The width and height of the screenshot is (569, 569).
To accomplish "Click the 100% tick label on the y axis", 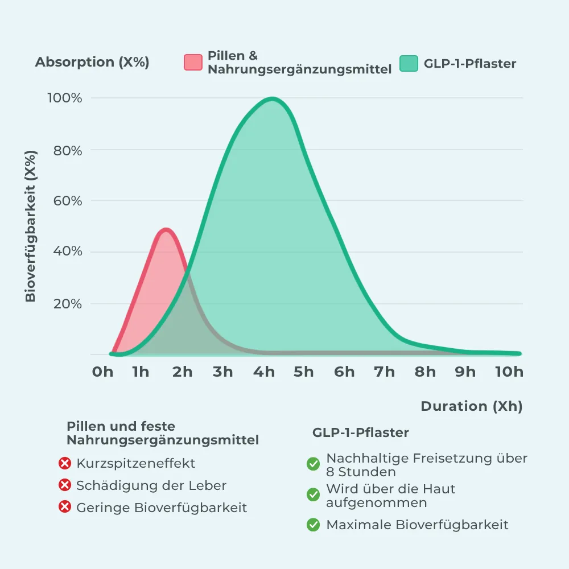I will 64,98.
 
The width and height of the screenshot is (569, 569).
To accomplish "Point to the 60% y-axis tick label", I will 68,201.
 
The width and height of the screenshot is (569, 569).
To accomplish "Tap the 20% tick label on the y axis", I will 68,304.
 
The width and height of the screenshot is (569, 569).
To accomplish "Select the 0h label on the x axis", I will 103,372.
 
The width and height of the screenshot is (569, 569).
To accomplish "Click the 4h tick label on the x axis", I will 264,372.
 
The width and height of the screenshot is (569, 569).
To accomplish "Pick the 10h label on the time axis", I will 509,372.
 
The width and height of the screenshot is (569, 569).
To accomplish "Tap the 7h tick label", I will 385,372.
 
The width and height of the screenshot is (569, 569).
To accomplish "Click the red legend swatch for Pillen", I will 193,63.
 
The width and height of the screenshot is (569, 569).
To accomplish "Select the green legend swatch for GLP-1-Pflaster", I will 409,63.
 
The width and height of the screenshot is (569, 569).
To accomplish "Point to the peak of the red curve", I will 166,229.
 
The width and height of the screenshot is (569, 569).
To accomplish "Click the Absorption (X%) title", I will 92,63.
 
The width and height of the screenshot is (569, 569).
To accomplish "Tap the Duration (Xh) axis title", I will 471,406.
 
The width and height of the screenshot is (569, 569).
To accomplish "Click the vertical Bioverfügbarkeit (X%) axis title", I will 31,226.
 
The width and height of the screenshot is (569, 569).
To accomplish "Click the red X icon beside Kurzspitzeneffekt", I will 65,464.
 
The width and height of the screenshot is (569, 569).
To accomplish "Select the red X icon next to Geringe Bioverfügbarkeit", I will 65,507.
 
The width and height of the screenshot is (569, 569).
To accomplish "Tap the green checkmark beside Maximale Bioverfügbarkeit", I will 313,525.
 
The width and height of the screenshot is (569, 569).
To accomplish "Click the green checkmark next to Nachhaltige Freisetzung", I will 313,464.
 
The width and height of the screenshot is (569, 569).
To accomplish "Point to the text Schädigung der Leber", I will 151,485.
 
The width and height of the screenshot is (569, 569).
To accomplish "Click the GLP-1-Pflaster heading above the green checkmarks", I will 361,432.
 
